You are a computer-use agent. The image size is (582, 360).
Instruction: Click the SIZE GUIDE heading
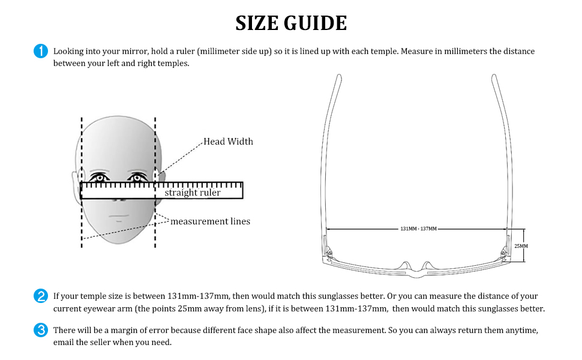(x=291, y=23)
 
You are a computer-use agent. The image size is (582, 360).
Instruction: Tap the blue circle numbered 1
(x=41, y=52)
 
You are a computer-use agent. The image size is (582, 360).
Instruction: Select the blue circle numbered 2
(x=41, y=296)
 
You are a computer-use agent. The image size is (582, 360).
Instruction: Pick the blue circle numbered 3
(x=41, y=330)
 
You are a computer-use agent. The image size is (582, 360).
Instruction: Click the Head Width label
(x=228, y=142)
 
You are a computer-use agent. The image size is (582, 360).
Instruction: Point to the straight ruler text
(x=193, y=193)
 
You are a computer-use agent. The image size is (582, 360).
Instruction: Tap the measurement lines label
(x=210, y=221)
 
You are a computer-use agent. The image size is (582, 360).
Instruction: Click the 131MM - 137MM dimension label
(x=418, y=229)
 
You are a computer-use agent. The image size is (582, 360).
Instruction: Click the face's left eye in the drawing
(x=99, y=178)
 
